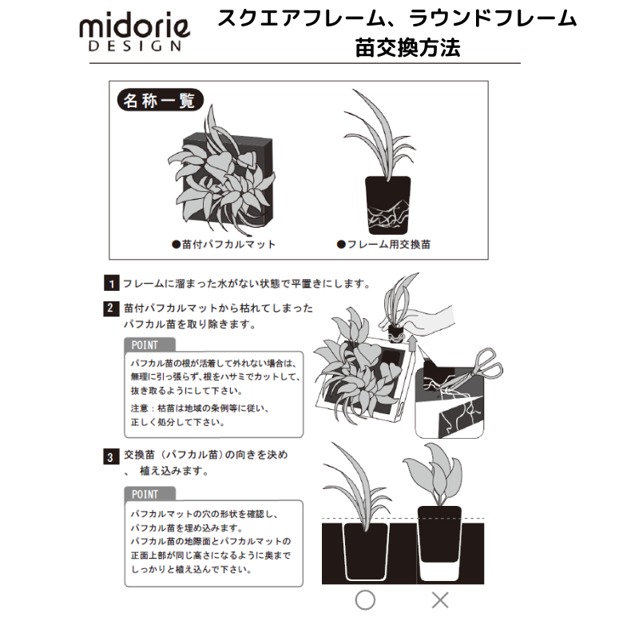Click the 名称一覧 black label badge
coord(160,100)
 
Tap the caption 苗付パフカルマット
coord(224,245)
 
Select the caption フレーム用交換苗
coord(383,245)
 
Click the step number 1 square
coord(111,283)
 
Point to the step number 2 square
coord(111,309)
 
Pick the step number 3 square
coord(111,456)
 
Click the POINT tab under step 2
coord(149,345)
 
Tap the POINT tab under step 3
coord(149,494)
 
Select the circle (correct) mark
coord(365,600)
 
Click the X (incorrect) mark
coord(440,600)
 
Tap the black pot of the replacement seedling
coord(387,205)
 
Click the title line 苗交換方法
coord(407,48)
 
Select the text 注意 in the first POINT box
coord(139,408)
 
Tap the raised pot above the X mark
coord(439,534)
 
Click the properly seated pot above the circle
coord(366,551)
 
